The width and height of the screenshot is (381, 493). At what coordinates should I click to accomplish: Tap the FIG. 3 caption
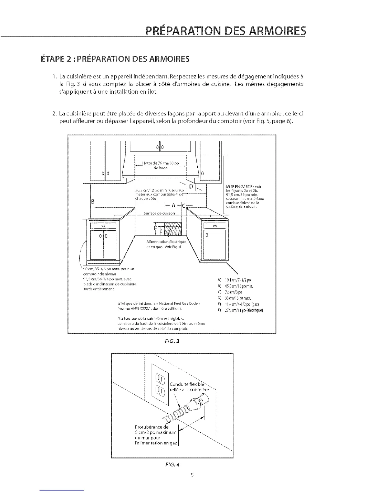172,341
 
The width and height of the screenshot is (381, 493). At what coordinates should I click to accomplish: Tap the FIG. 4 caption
172,465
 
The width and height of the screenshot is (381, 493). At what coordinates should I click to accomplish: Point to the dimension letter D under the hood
191,186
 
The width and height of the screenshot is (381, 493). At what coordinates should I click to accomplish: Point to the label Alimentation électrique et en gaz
166,244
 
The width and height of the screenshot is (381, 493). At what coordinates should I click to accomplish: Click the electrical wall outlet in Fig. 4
160,384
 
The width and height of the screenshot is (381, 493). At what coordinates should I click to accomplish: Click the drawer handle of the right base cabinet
215,226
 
